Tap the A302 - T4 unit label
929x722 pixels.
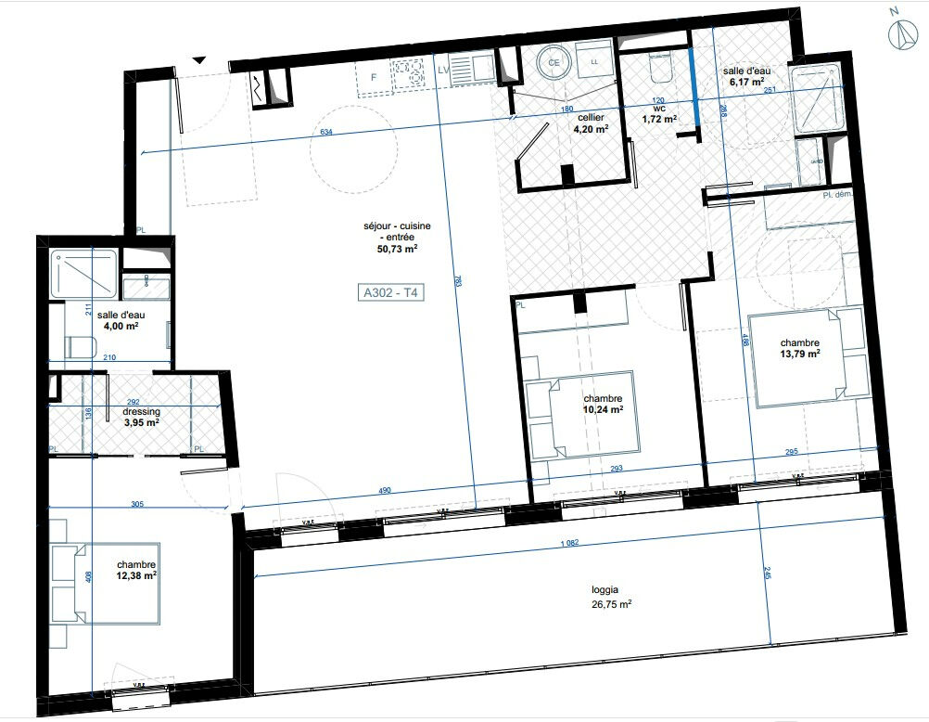click(x=390, y=293)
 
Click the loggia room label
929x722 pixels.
click(x=606, y=588)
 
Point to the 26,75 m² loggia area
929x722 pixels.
click(x=612, y=602)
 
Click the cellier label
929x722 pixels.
click(x=591, y=118)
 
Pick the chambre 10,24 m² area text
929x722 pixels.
click(x=602, y=409)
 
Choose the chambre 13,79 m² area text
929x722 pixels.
click(x=799, y=353)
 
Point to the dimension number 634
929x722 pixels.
click(x=326, y=132)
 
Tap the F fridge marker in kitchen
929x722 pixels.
click(x=374, y=77)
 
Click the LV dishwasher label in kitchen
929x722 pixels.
click(x=443, y=70)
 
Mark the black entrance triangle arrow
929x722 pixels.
click(x=198, y=60)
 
